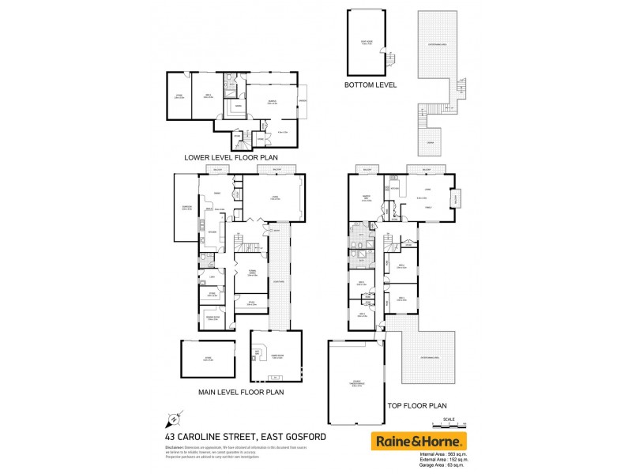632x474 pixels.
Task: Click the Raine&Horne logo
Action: pyautogui.click(x=419, y=441)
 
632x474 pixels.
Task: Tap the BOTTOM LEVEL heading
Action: pyautogui.click(x=371, y=85)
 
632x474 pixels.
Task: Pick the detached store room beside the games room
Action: pyautogui.click(x=208, y=359)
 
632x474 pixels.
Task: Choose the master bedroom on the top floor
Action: pyautogui.click(x=366, y=199)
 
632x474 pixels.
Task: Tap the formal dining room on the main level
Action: pyautogui.click(x=252, y=274)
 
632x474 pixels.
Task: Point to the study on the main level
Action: pyautogui.click(x=251, y=303)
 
